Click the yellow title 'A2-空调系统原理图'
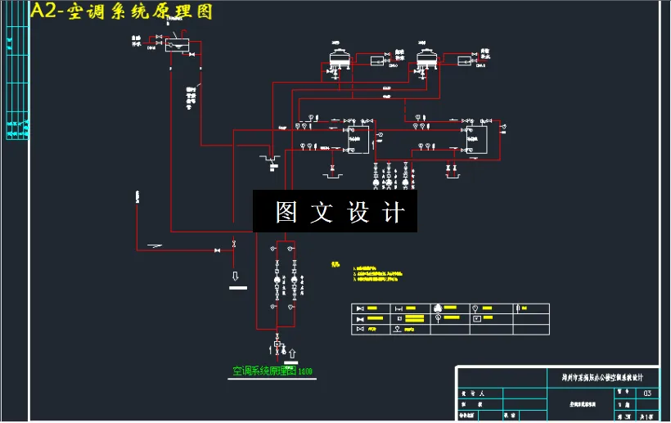(x=121, y=12)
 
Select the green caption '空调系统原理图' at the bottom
(x=267, y=371)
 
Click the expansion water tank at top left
(x=175, y=44)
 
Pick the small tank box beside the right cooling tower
(x=465, y=61)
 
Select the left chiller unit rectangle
(x=356, y=140)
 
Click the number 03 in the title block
(x=648, y=394)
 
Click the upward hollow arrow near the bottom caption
(x=292, y=352)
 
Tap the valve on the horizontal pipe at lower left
(x=217, y=250)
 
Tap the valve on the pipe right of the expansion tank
(x=191, y=54)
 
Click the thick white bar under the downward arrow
(x=238, y=287)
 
